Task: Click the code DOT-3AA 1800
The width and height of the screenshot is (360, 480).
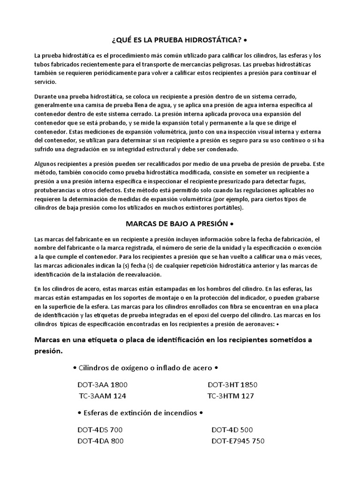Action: pos(103,385)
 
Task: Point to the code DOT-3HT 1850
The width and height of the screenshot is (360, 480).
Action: pos(232,385)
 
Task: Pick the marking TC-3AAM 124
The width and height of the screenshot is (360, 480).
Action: pos(103,396)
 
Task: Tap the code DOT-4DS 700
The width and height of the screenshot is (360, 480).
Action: pos(100,430)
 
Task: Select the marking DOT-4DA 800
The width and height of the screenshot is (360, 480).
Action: pos(100,441)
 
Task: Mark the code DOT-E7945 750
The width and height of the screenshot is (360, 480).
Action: pos(238,441)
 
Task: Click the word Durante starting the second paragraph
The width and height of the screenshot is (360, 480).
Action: pos(46,96)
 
